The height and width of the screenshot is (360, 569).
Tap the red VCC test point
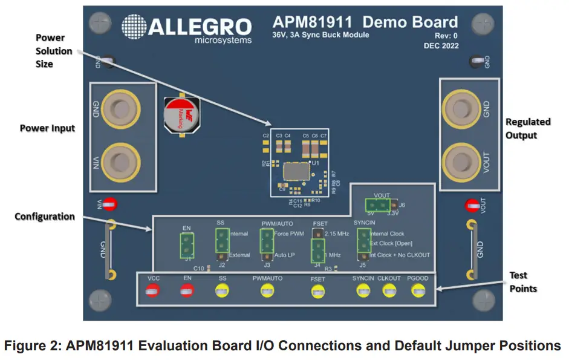(x=154, y=291)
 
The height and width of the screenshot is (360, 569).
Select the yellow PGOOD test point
(x=417, y=291)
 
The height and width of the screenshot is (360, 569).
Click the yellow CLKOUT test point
(x=389, y=291)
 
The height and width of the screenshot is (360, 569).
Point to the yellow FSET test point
(x=317, y=292)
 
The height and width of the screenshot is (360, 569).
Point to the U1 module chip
(x=296, y=172)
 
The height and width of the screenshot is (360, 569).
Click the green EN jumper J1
(x=187, y=246)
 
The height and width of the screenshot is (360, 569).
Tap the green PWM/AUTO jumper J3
(x=266, y=243)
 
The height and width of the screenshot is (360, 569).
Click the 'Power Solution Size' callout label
(x=54, y=51)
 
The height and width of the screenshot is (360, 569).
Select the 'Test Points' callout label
(x=523, y=282)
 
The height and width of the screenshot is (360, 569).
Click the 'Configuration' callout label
(x=45, y=216)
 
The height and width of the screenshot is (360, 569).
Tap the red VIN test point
(x=109, y=205)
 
